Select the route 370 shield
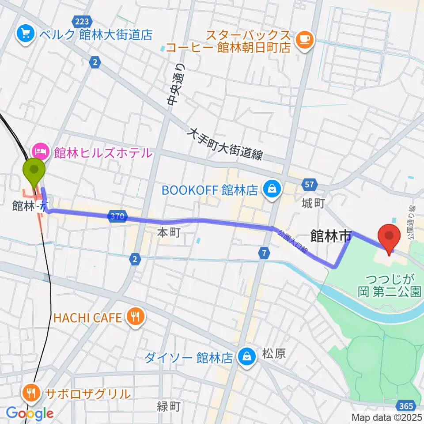[x=117, y=216]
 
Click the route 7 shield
[x=264, y=253]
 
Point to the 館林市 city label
[x=331, y=236]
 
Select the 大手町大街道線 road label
[x=225, y=144]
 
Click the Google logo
[x=30, y=413]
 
